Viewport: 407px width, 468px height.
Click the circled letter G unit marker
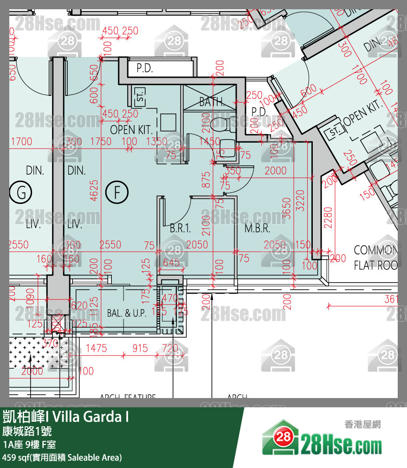point(22,192)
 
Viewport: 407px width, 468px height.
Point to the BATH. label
point(212,102)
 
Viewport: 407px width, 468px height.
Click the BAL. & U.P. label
point(127,313)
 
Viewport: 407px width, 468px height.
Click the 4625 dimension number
point(94,190)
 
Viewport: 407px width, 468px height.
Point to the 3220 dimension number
point(301,200)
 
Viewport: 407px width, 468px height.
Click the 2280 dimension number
point(328,217)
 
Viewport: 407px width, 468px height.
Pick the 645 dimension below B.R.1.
point(171,263)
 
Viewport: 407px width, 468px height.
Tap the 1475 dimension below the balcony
point(97,348)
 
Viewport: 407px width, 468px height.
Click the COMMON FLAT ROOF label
point(375,258)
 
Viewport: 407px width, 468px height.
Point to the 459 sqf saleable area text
point(62,458)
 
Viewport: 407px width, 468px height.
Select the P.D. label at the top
point(145,69)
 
